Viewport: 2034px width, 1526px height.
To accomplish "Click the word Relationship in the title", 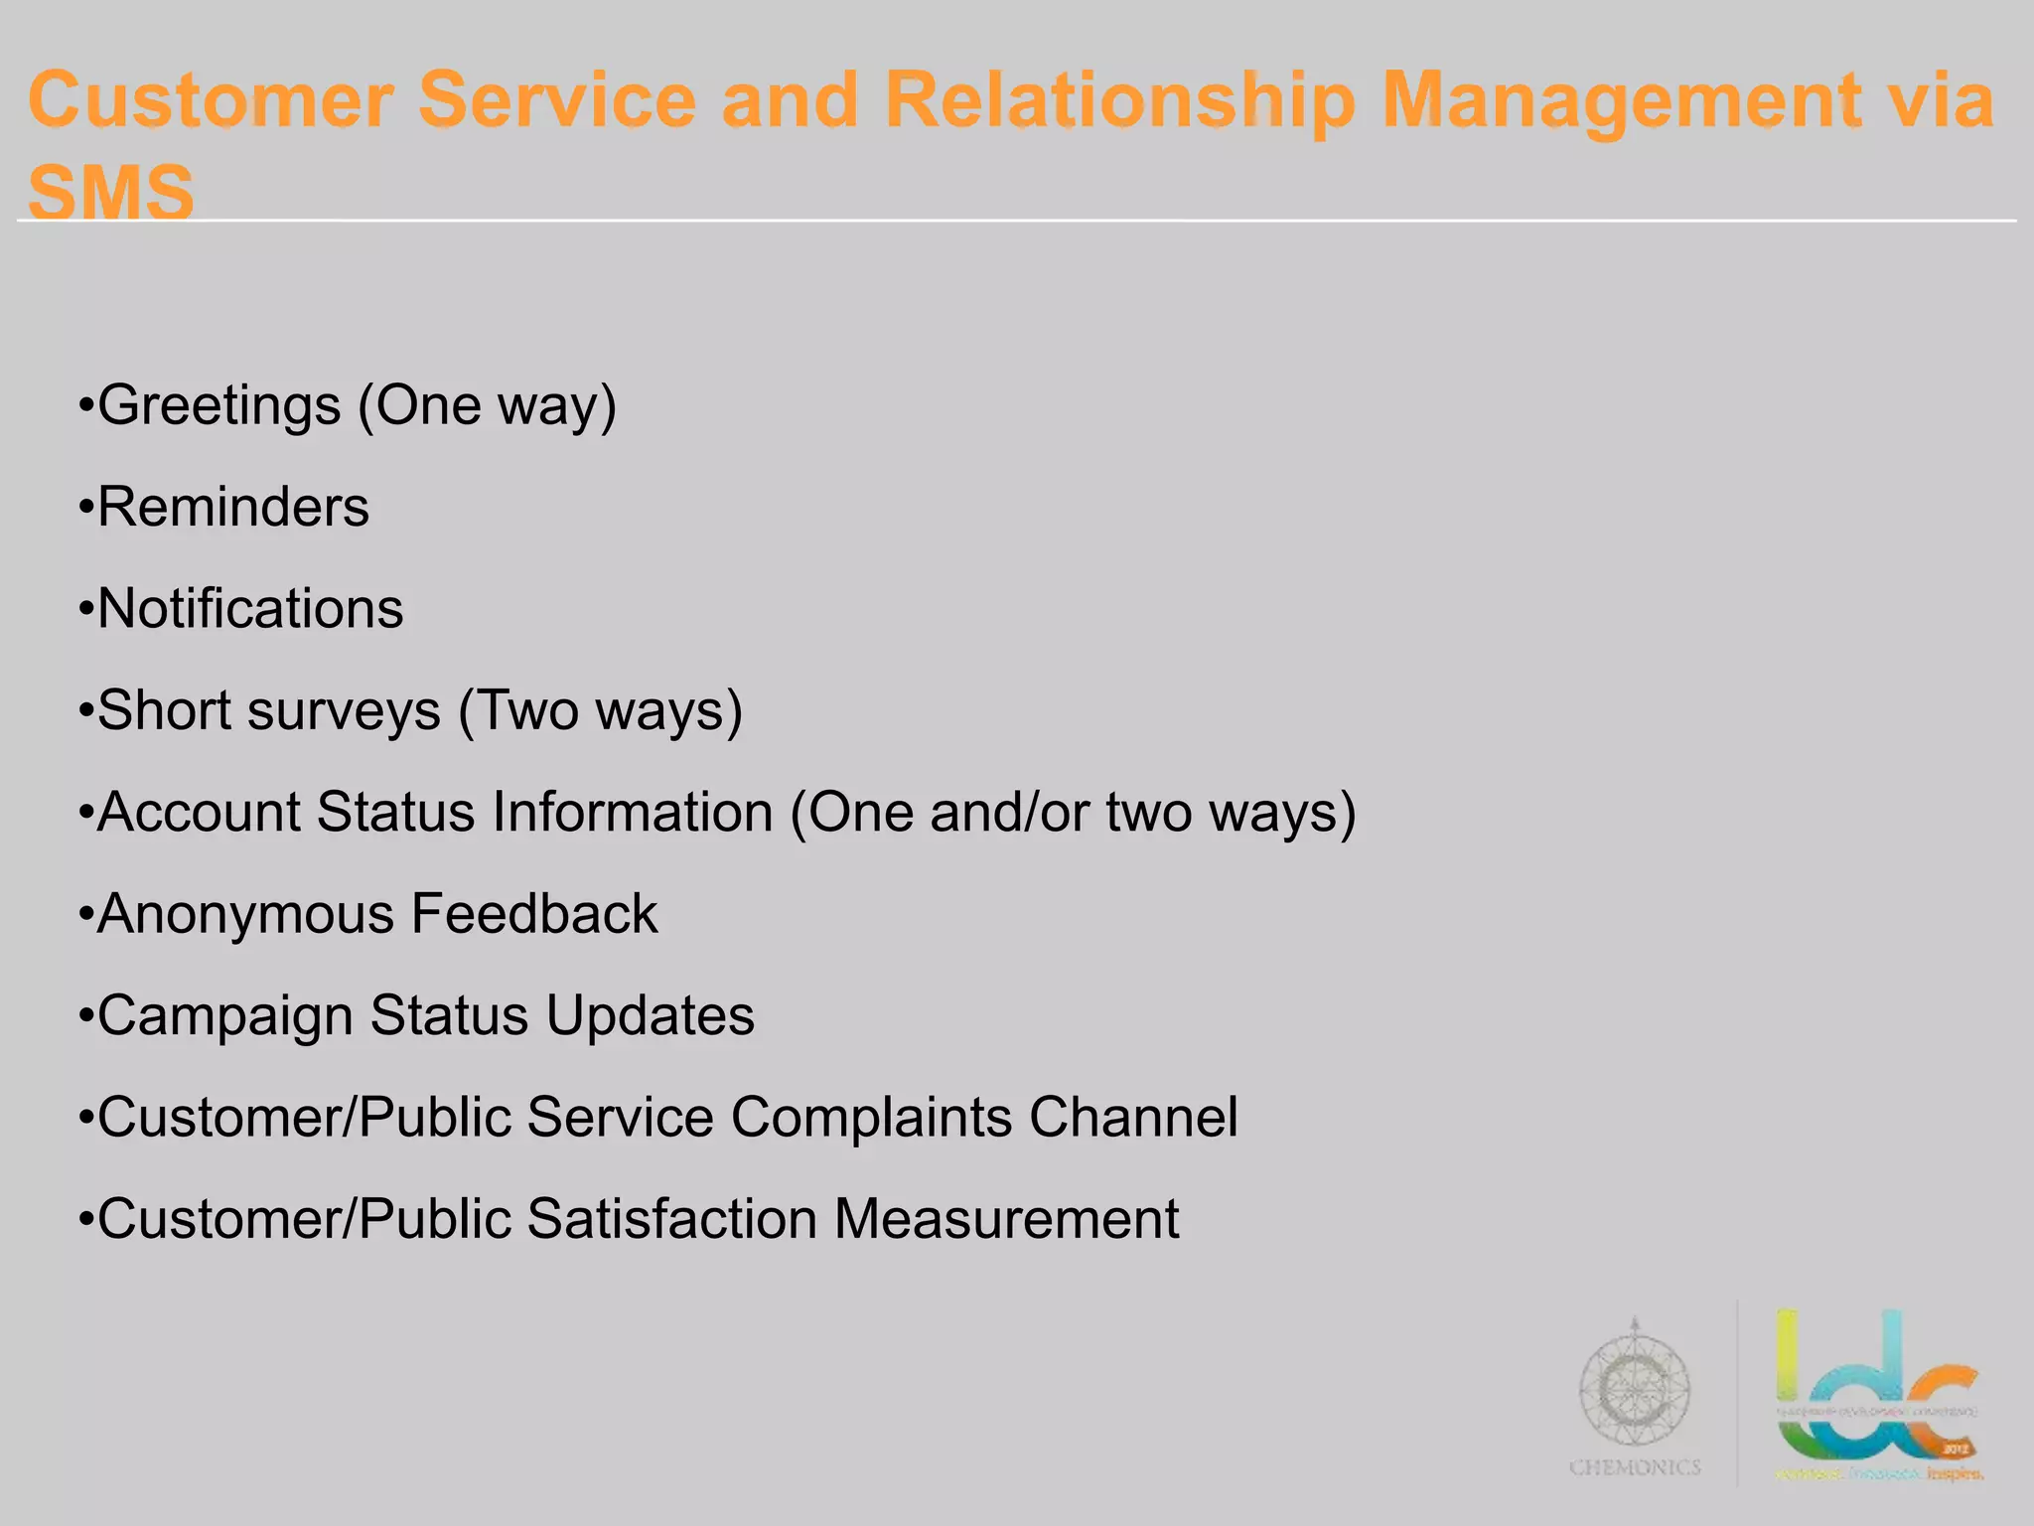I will [1119, 102].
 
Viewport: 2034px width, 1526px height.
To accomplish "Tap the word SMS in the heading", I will [110, 192].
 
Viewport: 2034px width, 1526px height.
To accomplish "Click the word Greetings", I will [219, 406].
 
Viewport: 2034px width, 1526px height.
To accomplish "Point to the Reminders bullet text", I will [233, 508].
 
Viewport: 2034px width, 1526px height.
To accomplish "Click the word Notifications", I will [250, 609].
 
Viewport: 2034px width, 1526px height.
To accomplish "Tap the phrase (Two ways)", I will [601, 711].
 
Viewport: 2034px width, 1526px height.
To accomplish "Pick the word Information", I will [633, 813].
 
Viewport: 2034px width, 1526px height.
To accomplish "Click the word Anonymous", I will [245, 915].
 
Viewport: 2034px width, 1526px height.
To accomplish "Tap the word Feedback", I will [534, 915].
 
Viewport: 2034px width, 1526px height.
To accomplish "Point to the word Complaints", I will [871, 1118].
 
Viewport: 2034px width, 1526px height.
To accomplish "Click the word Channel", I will [1133, 1118].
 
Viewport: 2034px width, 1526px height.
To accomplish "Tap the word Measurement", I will [1006, 1220].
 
